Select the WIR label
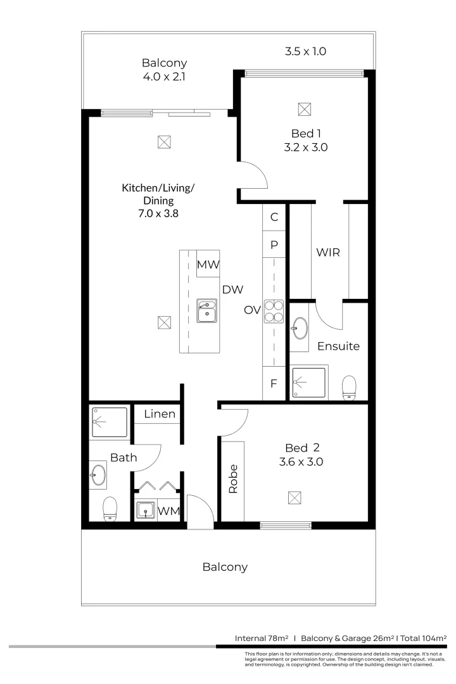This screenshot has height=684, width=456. point(328,252)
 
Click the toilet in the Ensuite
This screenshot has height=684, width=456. point(349,388)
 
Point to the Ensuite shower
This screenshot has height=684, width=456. point(309,383)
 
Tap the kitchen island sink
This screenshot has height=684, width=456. point(206,310)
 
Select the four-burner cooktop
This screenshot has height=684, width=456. point(274,310)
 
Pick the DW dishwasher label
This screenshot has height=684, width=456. point(233,289)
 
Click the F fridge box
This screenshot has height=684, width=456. point(274,383)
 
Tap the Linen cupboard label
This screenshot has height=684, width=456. point(160,414)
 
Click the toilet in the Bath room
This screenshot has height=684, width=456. point(111,508)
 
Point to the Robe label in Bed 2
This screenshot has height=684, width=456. point(232,479)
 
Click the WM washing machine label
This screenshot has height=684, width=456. point(167,510)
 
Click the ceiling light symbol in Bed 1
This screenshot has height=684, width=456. point(305,109)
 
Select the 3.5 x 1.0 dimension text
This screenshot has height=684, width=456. point(305,51)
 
